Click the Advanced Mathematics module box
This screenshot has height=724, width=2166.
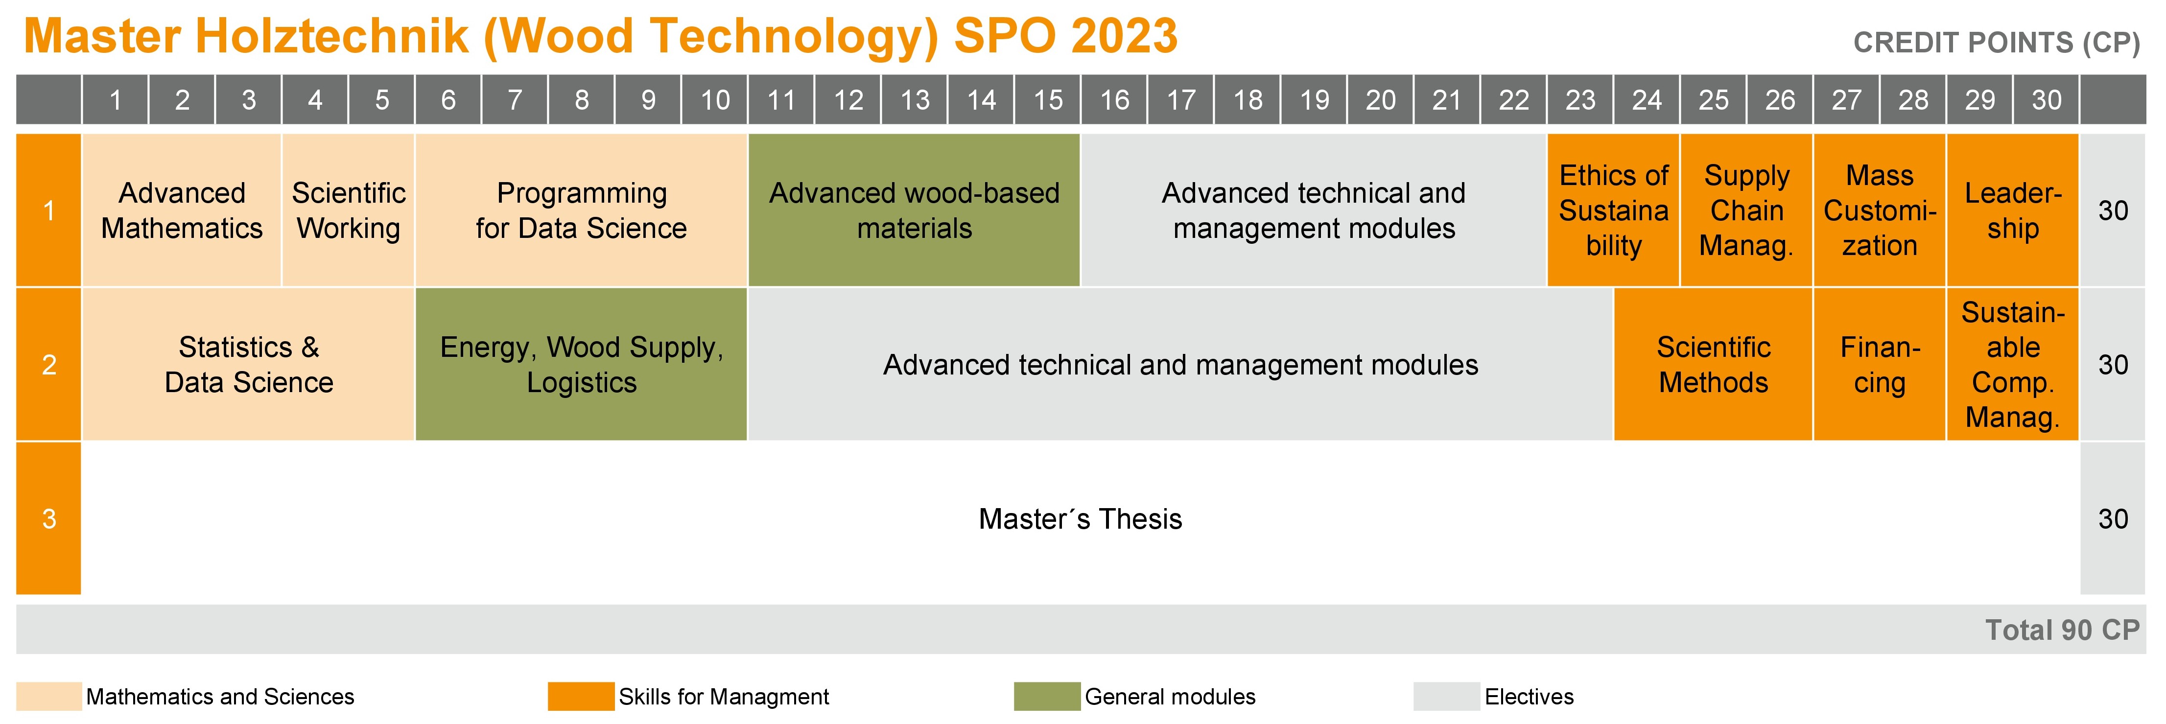pyautogui.click(x=182, y=210)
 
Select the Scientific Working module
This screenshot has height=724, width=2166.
pyautogui.click(x=348, y=210)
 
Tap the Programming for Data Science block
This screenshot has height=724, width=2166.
pyautogui.click(x=581, y=210)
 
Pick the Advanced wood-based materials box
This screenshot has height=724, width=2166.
pyautogui.click(x=914, y=210)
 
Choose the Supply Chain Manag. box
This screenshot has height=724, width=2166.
pyautogui.click(x=1746, y=210)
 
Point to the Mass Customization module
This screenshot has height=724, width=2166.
pyautogui.click(x=1879, y=210)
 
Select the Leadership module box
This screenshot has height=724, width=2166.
pyautogui.click(x=2013, y=210)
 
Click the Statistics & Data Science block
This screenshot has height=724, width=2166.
pyautogui.click(x=248, y=364)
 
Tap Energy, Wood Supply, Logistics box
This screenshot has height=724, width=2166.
pyautogui.click(x=581, y=364)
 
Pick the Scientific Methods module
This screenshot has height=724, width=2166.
pyautogui.click(x=1713, y=364)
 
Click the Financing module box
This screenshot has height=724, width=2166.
pyautogui.click(x=1879, y=364)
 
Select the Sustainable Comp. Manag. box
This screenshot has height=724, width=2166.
pyautogui.click(x=2013, y=364)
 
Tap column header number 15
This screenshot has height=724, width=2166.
pyautogui.click(x=1048, y=100)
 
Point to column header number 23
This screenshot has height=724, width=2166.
pyautogui.click(x=1580, y=100)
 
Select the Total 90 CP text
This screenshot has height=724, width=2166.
pyautogui.click(x=2062, y=630)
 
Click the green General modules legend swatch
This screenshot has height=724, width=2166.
pyautogui.click(x=1047, y=696)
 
